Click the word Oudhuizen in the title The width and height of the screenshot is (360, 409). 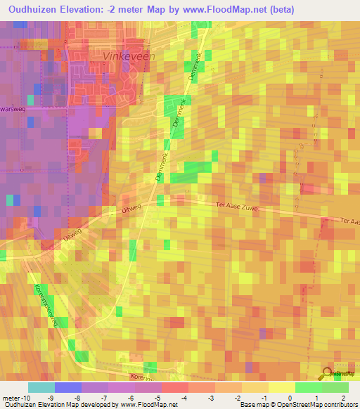(33, 9)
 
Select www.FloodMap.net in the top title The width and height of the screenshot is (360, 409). (225, 9)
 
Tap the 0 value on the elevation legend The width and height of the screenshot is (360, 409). (290, 398)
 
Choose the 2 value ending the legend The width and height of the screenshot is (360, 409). (342, 398)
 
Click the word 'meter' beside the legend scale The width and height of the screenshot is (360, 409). (11, 398)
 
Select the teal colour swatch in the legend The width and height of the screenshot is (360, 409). (41, 387)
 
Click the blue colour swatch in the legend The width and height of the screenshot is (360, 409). (68, 387)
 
